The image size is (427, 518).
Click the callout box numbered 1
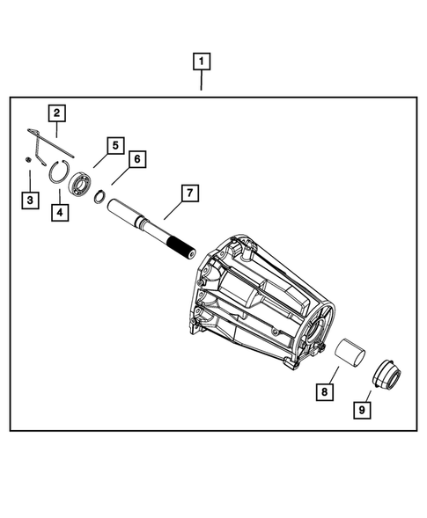(x=202, y=62)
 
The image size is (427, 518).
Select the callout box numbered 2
(x=55, y=113)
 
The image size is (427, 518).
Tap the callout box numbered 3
(x=30, y=201)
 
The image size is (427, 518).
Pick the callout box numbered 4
(x=59, y=212)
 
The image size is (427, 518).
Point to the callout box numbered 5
(x=114, y=144)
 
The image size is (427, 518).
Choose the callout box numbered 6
(x=136, y=159)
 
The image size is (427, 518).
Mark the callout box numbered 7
(x=188, y=191)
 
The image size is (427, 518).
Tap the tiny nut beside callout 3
(x=28, y=159)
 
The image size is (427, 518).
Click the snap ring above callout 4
(x=59, y=172)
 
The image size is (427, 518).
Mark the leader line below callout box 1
(x=202, y=81)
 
